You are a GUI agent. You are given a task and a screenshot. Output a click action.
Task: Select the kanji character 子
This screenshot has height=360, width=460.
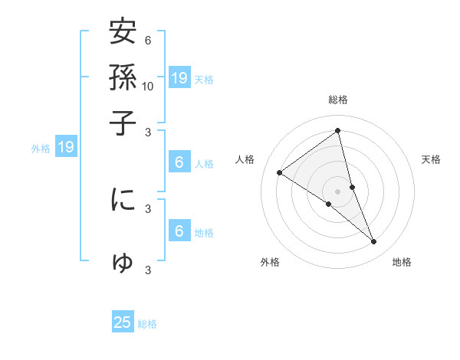(123, 123)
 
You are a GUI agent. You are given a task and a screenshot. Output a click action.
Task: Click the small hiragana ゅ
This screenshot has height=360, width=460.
(123, 263)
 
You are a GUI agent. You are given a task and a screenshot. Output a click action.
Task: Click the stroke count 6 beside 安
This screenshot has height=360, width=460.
(148, 41)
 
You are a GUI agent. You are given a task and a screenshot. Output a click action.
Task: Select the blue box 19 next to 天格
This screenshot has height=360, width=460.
(179, 77)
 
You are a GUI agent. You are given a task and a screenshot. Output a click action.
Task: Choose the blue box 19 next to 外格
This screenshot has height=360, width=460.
(66, 147)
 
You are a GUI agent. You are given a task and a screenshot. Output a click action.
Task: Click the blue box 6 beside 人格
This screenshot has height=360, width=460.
(179, 162)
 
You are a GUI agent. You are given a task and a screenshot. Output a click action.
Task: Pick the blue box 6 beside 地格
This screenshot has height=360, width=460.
(179, 231)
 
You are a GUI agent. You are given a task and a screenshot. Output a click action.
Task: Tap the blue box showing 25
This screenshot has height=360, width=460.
(123, 322)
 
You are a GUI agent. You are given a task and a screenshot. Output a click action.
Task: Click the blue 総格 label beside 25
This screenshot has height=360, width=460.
(148, 324)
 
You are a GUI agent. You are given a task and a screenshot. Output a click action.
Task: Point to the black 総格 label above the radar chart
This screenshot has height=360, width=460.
(338, 100)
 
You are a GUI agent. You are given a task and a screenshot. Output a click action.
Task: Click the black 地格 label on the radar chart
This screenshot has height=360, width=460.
(402, 263)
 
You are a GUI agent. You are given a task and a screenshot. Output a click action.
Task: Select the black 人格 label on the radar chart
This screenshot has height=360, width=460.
(245, 159)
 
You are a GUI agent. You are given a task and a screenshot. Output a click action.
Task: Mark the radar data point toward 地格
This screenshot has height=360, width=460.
(374, 242)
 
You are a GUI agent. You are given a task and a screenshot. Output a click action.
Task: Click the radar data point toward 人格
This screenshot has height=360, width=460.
(280, 172)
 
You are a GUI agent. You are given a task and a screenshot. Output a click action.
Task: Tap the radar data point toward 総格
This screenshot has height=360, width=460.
(338, 131)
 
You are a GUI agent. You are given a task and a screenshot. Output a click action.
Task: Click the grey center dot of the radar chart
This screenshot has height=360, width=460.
(338, 191)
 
